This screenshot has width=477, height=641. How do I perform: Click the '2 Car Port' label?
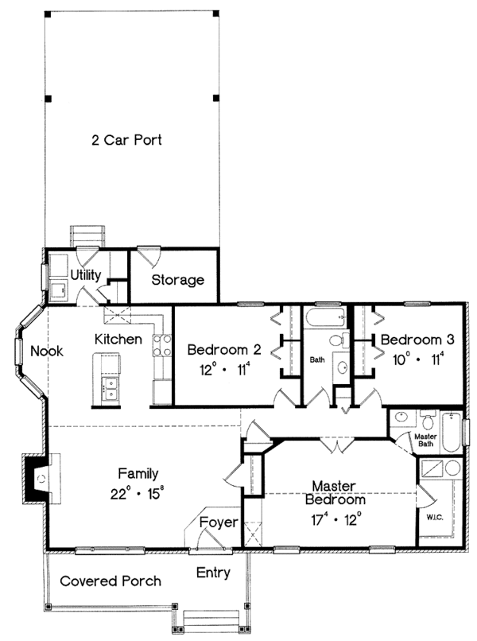click(127, 141)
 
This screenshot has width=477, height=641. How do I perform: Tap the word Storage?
click(178, 280)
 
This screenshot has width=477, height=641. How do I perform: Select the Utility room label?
click(85, 275)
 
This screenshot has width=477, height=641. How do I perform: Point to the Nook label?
click(47, 350)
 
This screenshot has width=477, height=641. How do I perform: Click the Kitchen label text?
click(118, 340)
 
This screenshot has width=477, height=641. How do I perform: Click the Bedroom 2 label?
click(224, 349)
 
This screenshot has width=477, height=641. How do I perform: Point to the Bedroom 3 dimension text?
click(417, 359)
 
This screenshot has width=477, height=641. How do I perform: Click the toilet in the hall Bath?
click(337, 341)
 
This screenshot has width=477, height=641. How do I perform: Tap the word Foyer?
click(218, 523)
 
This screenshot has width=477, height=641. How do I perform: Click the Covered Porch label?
click(111, 581)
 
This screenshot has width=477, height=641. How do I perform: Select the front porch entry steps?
click(211, 620)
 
